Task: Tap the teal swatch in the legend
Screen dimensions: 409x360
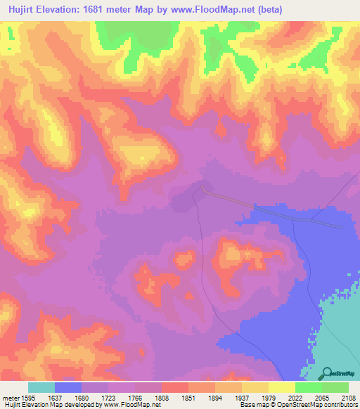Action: (x=41, y=387)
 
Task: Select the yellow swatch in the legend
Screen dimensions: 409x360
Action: (x=282, y=387)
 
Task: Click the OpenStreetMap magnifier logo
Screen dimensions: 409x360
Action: (x=326, y=373)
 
